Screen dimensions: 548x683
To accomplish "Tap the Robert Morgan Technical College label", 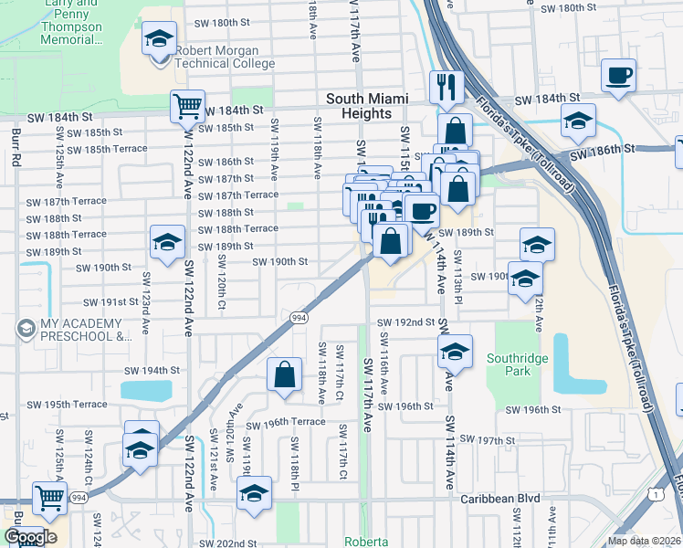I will pyautogui.click(x=225, y=57).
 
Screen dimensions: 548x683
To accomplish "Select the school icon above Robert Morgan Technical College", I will pyautogui.click(x=160, y=41).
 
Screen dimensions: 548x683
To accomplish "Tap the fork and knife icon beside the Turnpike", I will pyautogui.click(x=447, y=87).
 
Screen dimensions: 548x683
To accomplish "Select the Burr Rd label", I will pyautogui.click(x=16, y=146).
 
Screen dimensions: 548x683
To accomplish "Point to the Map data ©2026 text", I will pyautogui.click(x=645, y=541).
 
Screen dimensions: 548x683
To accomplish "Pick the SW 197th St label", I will pyautogui.click(x=489, y=440).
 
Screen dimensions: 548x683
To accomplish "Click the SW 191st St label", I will pyautogui.click(x=109, y=301).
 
